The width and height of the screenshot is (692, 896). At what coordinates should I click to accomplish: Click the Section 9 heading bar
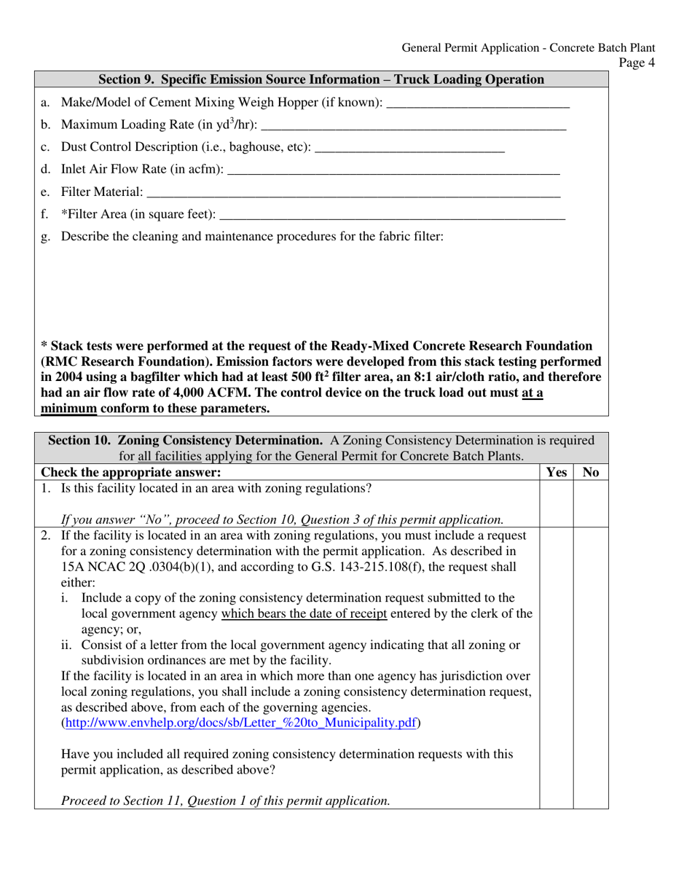click(x=321, y=79)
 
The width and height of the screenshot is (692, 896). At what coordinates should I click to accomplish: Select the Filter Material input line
click(x=353, y=194)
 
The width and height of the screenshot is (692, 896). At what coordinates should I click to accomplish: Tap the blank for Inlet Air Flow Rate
click(x=393, y=172)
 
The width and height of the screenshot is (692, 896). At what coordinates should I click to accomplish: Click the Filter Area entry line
click(x=391, y=216)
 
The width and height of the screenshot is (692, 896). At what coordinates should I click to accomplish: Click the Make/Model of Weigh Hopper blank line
click(x=477, y=105)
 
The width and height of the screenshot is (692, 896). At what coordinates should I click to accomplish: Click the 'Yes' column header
click(x=556, y=473)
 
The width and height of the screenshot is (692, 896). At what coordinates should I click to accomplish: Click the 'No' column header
click(x=591, y=473)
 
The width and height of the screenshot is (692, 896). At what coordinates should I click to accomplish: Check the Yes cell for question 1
click(x=556, y=503)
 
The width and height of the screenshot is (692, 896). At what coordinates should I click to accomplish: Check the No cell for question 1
click(x=591, y=503)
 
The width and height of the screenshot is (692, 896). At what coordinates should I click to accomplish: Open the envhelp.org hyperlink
click(x=241, y=723)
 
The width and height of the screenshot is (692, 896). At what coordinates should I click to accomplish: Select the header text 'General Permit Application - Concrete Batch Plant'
click(x=527, y=48)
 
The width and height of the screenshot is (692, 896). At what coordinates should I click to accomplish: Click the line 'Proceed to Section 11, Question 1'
click(x=225, y=801)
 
